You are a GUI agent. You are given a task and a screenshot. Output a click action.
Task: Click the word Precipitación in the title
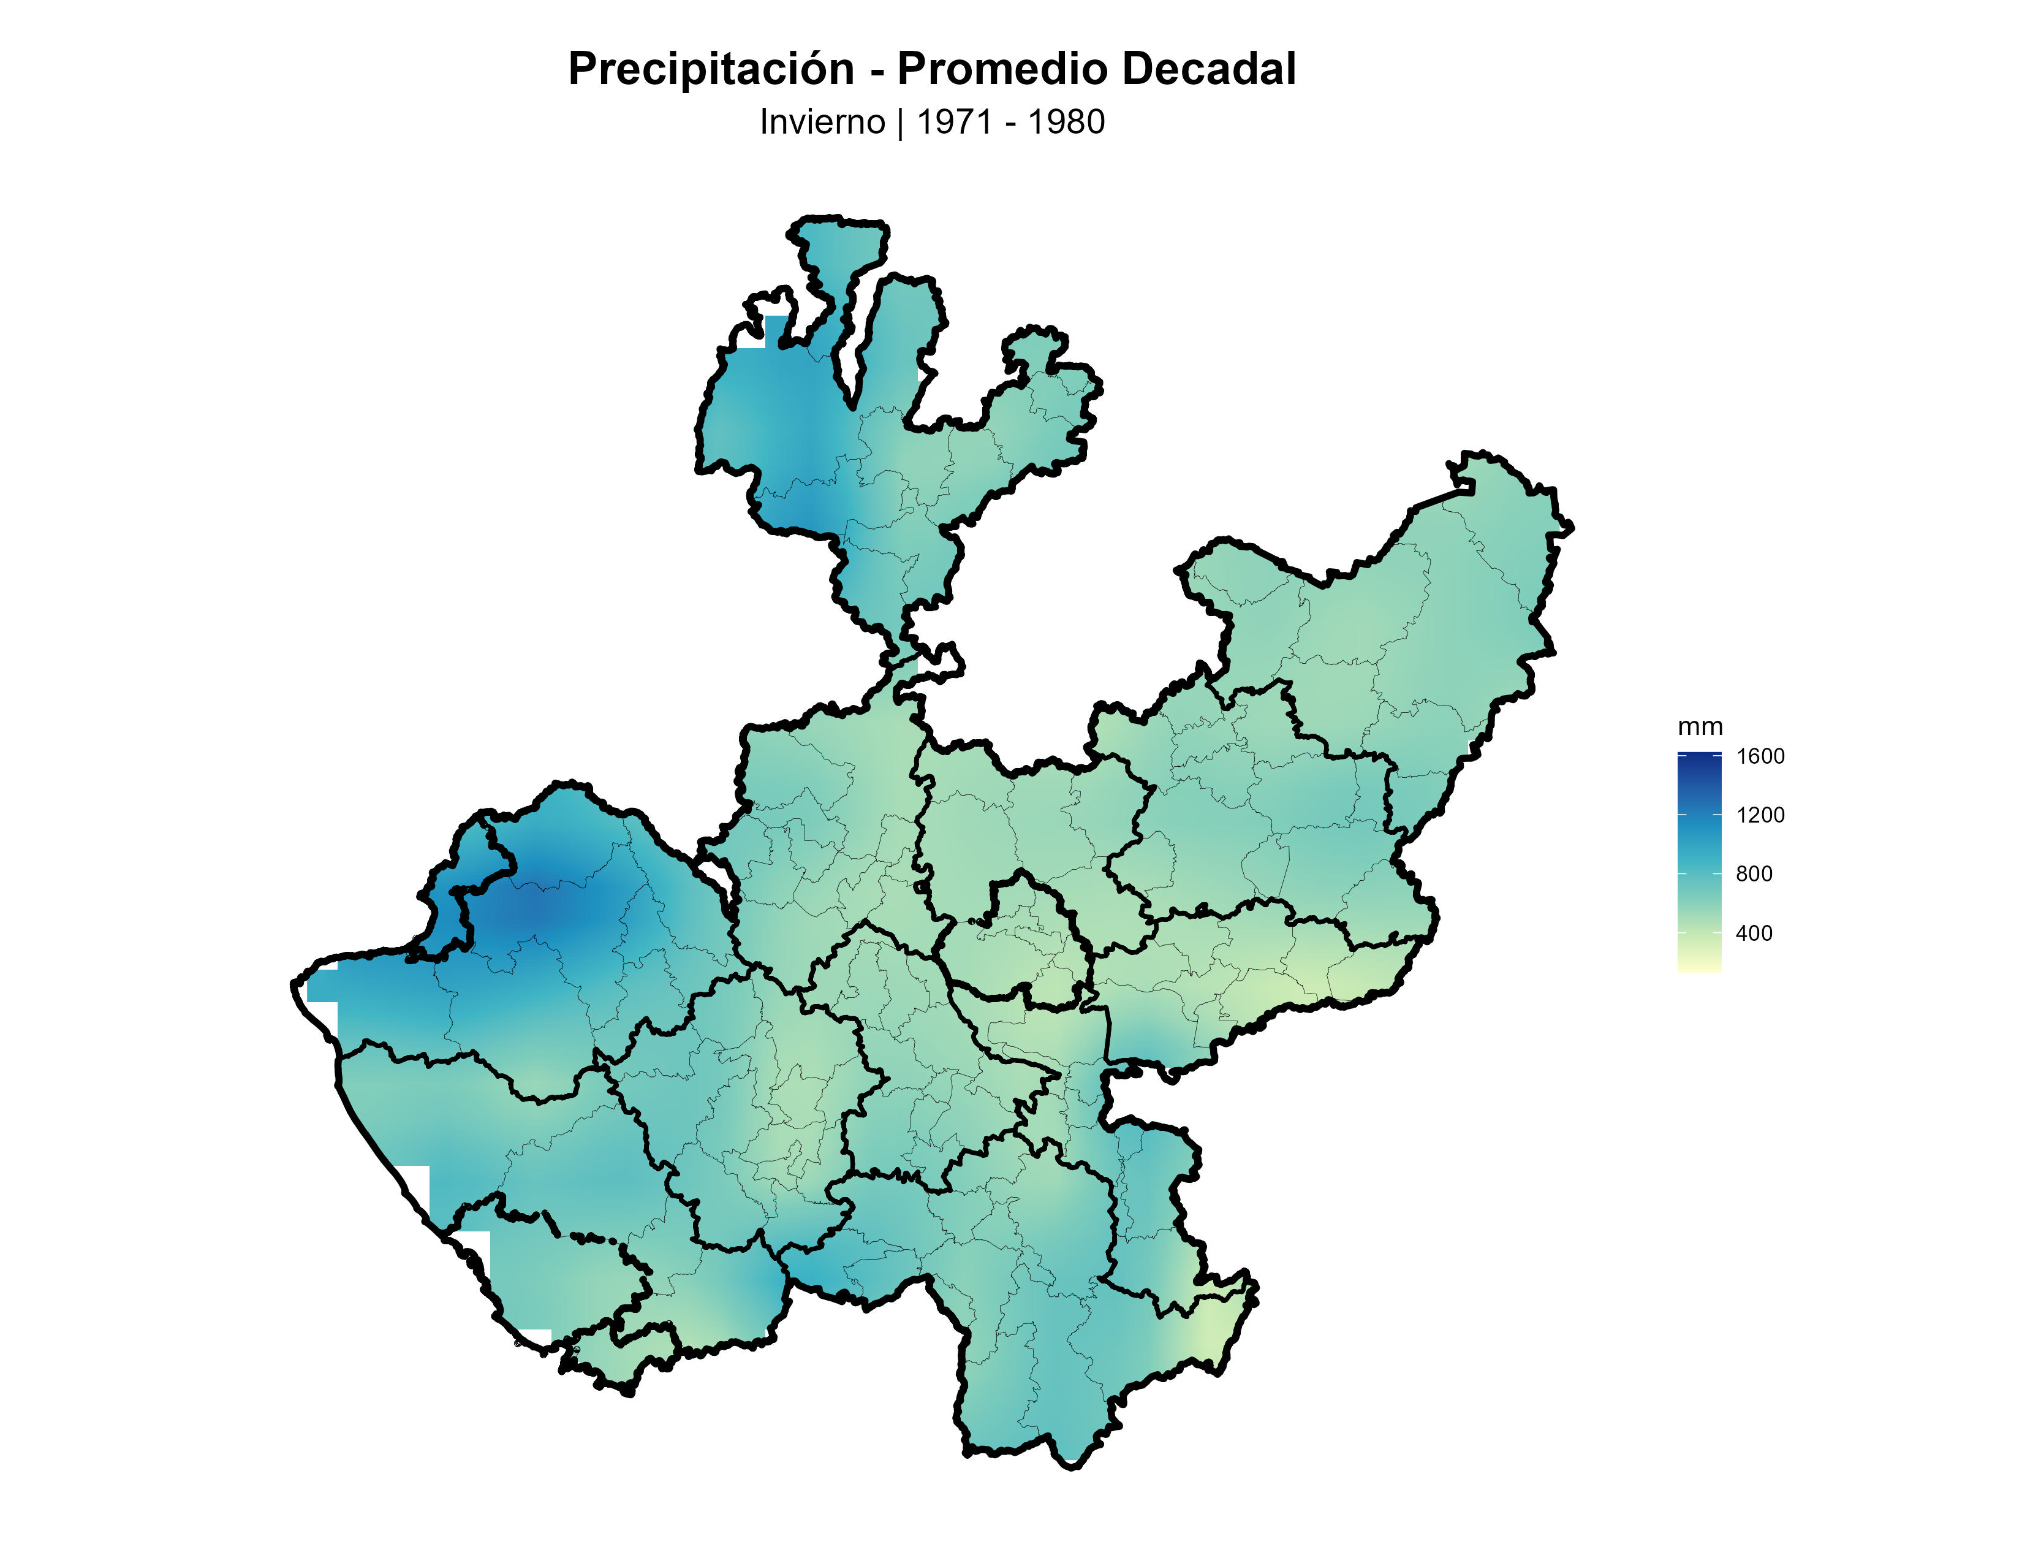point(710,69)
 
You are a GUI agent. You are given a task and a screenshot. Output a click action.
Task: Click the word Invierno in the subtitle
point(822,122)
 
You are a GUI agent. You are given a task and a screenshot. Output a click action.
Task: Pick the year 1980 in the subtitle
point(1067,122)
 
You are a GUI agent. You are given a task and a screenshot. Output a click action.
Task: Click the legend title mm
point(1700,727)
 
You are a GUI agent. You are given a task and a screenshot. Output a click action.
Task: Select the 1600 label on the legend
point(1760,756)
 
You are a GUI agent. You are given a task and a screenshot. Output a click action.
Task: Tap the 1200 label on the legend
point(1760,815)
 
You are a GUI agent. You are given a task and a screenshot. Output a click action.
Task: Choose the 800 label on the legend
point(1754,874)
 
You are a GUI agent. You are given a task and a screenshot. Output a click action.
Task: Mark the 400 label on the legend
point(1754,934)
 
